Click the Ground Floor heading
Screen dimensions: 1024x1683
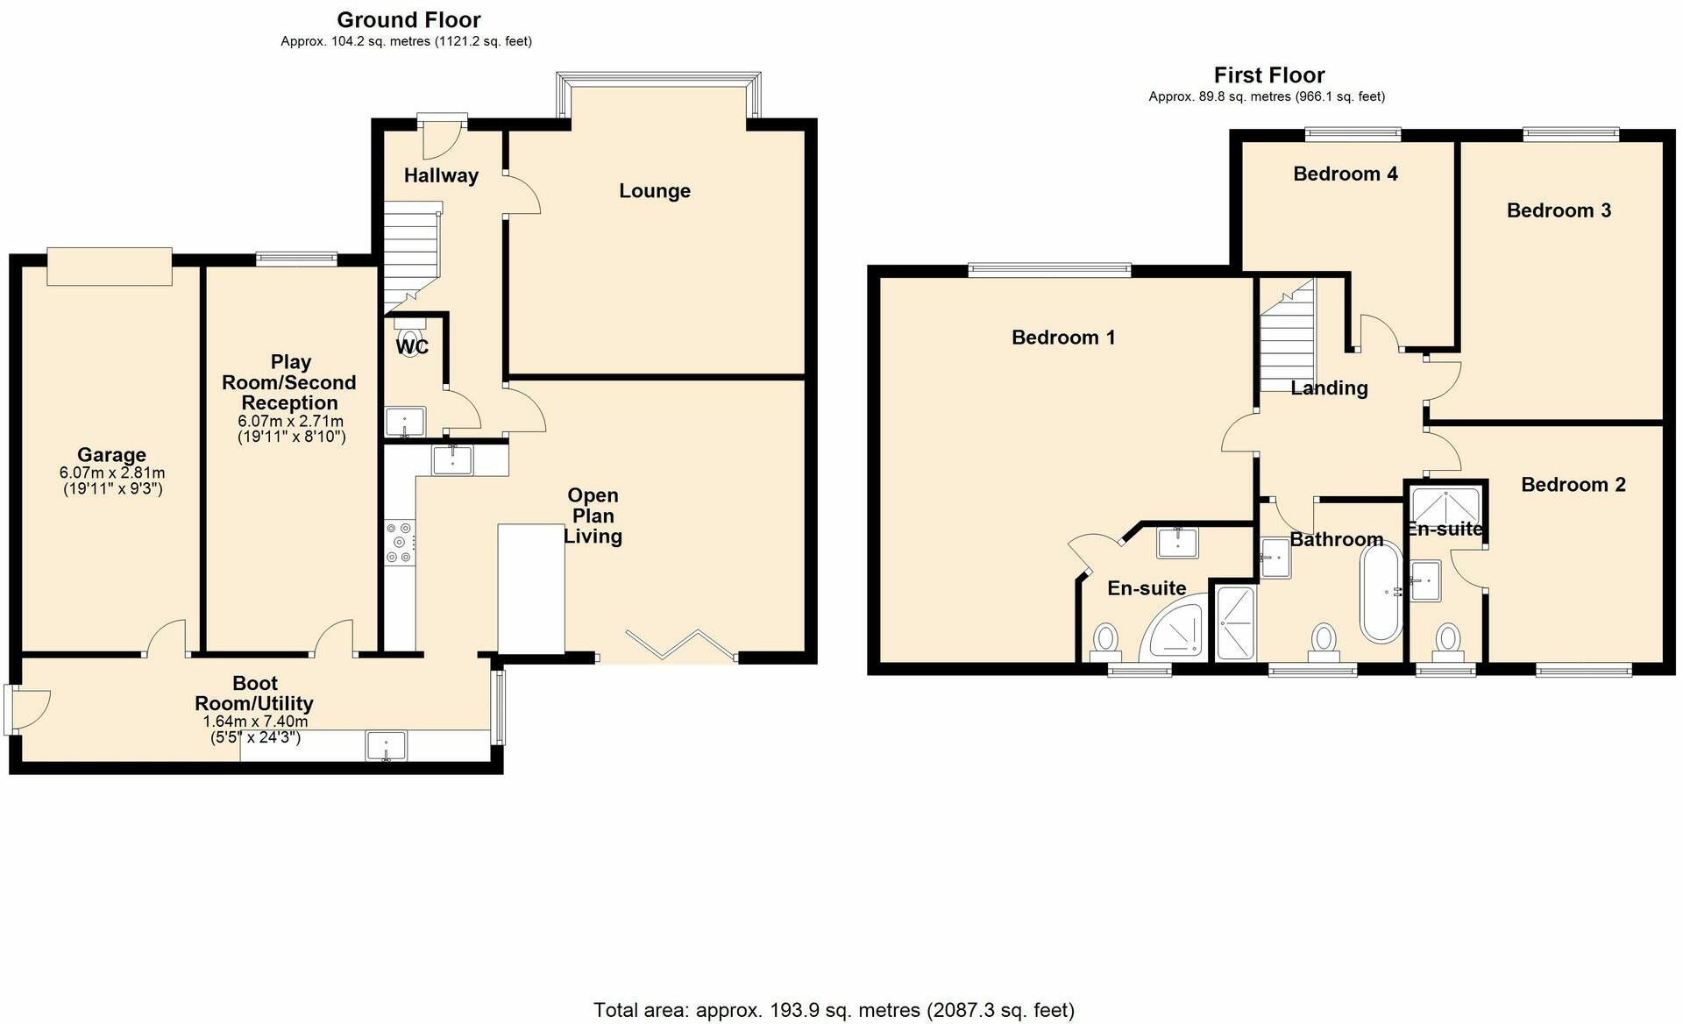point(408,19)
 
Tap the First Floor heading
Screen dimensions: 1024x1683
point(1268,75)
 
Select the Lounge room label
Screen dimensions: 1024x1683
point(654,191)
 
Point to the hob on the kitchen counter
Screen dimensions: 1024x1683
point(399,543)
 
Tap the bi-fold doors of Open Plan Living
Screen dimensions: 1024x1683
point(681,644)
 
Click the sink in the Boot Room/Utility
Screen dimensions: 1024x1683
point(387,745)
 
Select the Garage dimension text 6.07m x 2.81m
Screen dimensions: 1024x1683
point(112,473)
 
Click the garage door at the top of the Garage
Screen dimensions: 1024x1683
point(110,267)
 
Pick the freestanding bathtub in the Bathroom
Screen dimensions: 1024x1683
point(1381,592)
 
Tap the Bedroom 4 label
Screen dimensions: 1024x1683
point(1345,174)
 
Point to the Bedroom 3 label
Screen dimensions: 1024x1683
point(1559,210)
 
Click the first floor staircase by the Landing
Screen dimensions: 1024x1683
point(1288,338)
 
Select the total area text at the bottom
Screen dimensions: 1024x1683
point(834,1010)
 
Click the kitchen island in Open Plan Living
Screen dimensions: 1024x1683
point(530,588)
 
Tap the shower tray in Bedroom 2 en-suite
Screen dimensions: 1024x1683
point(1445,506)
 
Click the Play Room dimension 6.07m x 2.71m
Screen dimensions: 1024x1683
point(290,422)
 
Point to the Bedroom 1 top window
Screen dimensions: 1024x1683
point(1049,270)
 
